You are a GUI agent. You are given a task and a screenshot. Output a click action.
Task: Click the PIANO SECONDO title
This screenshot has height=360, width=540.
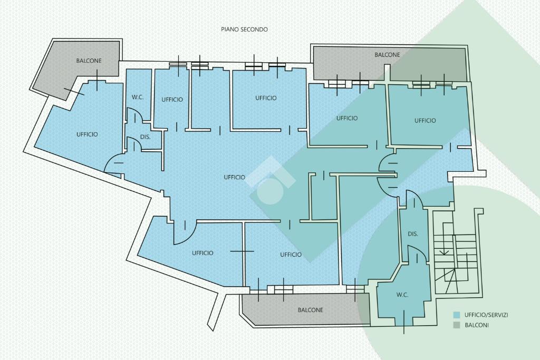point(244,30)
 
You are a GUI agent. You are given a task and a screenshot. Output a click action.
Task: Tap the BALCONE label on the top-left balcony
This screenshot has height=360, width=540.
point(89,61)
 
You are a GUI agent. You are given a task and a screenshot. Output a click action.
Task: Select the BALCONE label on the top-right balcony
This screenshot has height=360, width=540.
point(387,55)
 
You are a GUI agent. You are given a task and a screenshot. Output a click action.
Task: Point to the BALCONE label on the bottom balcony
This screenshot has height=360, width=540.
point(310,310)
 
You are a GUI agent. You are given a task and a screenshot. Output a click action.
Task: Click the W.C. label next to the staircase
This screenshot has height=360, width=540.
point(402,295)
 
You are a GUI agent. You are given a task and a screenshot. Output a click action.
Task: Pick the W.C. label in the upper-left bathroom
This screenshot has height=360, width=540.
point(138,97)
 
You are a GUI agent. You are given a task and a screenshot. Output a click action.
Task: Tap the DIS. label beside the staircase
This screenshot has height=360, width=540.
point(413,234)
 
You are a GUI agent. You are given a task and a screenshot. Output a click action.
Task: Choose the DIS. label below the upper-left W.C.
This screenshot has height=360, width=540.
point(146,137)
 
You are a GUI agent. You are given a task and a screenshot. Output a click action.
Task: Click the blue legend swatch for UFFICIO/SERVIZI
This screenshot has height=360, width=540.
point(457,315)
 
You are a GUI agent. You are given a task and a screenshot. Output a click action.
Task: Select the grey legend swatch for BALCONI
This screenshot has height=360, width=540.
point(457,325)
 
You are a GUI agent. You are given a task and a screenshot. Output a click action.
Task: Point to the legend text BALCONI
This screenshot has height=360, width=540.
point(477,325)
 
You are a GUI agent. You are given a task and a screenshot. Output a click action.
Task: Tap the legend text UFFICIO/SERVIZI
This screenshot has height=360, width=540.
point(486,315)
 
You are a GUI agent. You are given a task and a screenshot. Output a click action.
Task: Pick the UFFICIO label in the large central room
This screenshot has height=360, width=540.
point(235,177)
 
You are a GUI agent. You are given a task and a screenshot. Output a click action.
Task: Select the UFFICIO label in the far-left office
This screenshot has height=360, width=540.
point(87,134)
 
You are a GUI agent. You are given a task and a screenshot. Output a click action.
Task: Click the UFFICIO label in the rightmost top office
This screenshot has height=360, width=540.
point(425,121)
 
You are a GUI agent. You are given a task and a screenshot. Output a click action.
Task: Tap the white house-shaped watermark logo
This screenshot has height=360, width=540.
point(272,180)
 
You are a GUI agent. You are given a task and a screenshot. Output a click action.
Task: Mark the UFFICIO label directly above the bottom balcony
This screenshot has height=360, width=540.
point(291,255)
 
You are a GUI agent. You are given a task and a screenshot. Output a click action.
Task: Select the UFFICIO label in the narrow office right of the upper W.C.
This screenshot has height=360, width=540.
point(172,100)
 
